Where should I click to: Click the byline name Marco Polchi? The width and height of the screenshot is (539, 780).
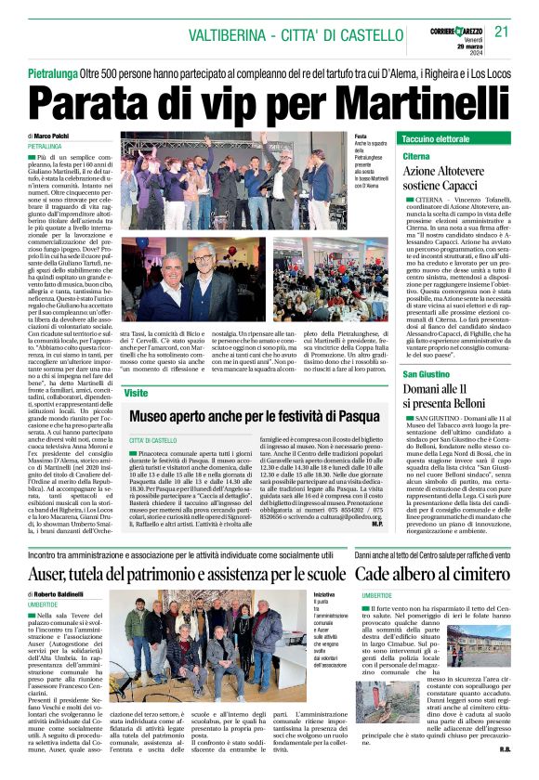55,136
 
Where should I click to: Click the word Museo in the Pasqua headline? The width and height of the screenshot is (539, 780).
157,415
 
